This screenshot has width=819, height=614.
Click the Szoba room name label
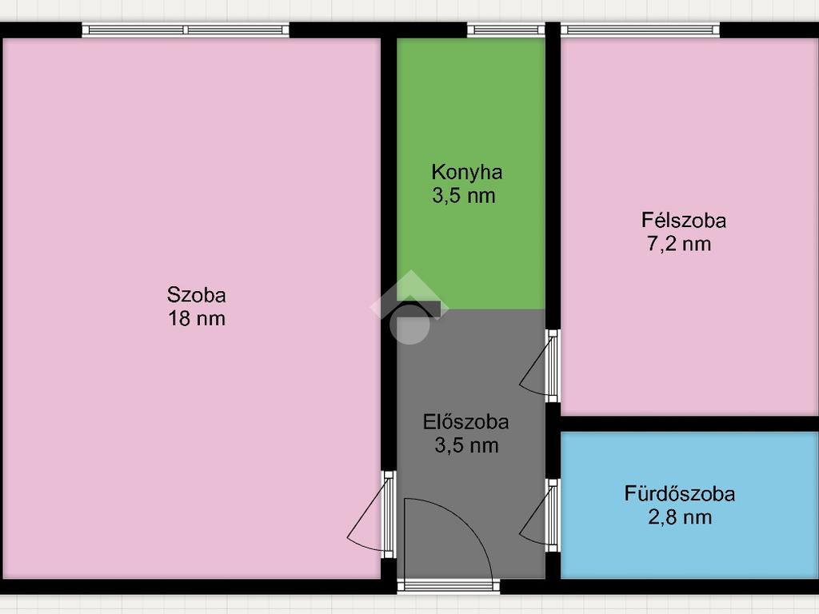click(x=197, y=295)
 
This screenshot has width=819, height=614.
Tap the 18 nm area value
click(x=197, y=318)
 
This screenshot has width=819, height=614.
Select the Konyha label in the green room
click(x=467, y=173)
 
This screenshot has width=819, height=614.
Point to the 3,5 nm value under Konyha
click(x=464, y=196)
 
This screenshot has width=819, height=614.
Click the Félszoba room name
click(x=684, y=220)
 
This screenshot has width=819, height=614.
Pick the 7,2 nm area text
click(x=679, y=244)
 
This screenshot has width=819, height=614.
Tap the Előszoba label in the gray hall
click(x=466, y=422)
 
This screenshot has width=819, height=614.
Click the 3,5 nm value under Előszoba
click(x=466, y=445)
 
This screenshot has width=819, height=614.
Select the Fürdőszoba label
click(x=680, y=493)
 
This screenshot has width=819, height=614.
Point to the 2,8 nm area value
click(x=680, y=517)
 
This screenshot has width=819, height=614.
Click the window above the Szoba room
click(x=186, y=30)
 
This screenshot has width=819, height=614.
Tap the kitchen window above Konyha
click(x=505, y=30)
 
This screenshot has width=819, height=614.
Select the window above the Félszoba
click(x=640, y=30)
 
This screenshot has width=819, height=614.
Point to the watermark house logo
click(x=409, y=307)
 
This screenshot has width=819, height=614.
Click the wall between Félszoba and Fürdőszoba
click(x=689, y=424)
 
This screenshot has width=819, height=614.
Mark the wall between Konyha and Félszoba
click(x=553, y=175)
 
